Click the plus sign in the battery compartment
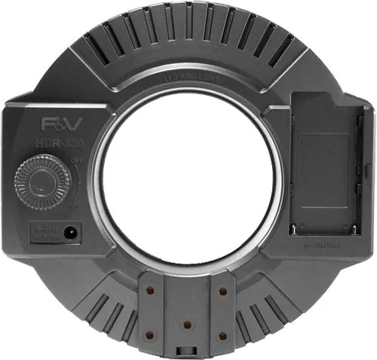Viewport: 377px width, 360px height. click(x=302, y=224)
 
